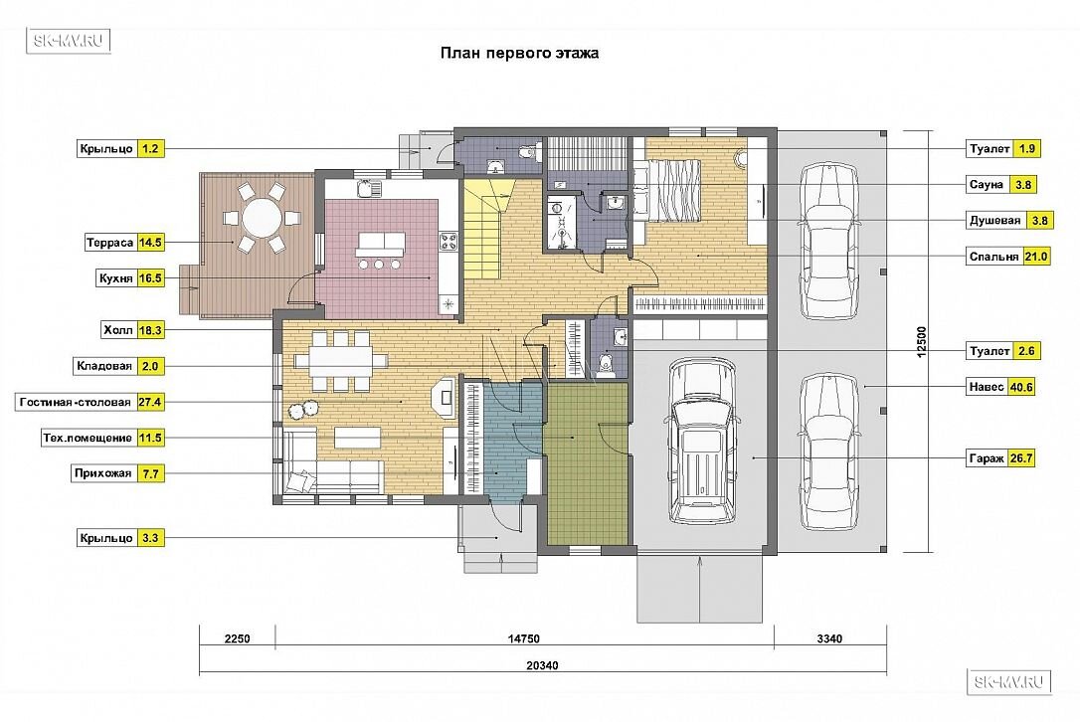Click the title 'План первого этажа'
(x=519, y=53)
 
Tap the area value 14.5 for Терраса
(x=150, y=243)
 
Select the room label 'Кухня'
(x=115, y=278)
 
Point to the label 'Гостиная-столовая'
(x=75, y=403)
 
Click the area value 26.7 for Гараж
(x=1020, y=458)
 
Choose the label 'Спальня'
(x=993, y=257)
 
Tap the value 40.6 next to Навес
(x=1020, y=387)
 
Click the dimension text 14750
(x=523, y=638)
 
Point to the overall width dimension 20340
(x=542, y=665)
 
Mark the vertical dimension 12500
(x=922, y=341)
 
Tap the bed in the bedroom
(x=666, y=190)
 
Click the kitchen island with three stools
(x=380, y=244)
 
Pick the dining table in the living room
(x=340, y=360)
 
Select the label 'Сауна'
(x=987, y=185)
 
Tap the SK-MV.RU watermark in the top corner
(x=69, y=42)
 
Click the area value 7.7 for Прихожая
(x=150, y=474)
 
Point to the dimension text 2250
(x=238, y=638)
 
